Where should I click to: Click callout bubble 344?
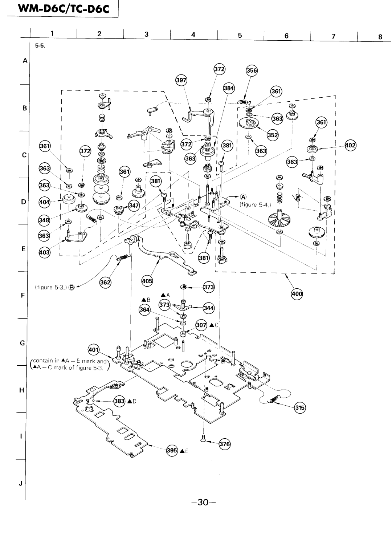209,308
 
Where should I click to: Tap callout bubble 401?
93,350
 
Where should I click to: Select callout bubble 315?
300,407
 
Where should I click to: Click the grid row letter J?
22,484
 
